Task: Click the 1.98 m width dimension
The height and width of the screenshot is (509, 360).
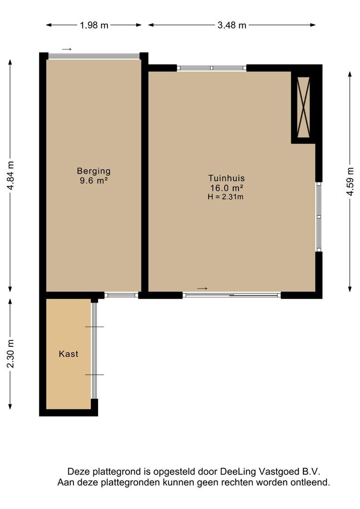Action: [94, 25]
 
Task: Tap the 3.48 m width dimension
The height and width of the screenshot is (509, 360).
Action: [232, 25]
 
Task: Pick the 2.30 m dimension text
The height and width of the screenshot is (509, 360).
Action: [10, 353]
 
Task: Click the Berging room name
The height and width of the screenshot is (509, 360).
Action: [94, 171]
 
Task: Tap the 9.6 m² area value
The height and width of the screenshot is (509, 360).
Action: [94, 181]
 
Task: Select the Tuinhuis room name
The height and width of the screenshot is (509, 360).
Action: [227, 178]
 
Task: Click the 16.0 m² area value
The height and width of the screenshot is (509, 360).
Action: [227, 188]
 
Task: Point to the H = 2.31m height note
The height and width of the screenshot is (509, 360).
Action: [226, 197]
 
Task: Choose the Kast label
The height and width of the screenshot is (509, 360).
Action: [68, 353]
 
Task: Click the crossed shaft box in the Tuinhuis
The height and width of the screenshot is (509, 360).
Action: [303, 107]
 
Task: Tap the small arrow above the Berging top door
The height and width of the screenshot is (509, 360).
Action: [66, 49]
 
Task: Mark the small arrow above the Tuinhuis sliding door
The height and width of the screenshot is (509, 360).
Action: [202, 288]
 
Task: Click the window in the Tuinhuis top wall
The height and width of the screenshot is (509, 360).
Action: [212, 68]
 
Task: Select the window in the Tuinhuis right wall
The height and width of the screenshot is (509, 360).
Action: [319, 216]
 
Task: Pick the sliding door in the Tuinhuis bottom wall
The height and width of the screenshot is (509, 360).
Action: [232, 295]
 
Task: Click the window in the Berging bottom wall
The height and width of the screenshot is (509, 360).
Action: [122, 295]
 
